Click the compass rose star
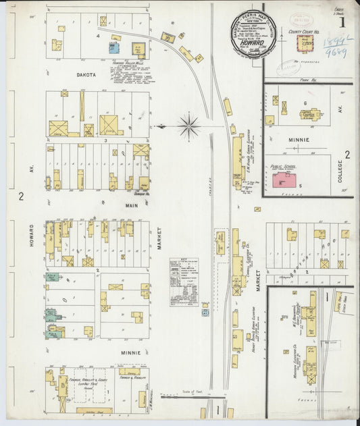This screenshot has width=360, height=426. (x=189, y=126)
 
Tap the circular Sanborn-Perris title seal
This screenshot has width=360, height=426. (x=253, y=34)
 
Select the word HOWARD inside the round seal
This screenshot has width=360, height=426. (x=253, y=41)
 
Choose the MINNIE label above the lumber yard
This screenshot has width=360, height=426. (x=130, y=352)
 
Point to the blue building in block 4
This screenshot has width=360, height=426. (x=115, y=49)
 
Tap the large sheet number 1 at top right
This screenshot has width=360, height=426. (x=342, y=22)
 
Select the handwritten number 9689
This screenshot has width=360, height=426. (x=335, y=51)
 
